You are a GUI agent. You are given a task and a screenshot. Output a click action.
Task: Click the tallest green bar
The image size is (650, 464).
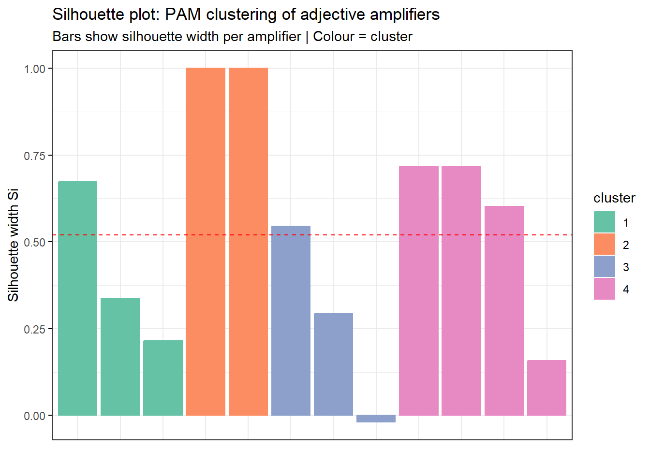(x=77, y=298)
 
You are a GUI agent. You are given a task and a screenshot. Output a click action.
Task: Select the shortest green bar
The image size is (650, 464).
(x=163, y=377)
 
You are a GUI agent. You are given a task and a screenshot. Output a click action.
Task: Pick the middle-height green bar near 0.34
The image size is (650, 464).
(x=120, y=356)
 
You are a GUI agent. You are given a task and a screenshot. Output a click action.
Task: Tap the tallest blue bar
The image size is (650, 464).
(x=291, y=320)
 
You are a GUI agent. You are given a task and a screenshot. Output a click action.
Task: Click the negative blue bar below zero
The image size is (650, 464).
(x=376, y=419)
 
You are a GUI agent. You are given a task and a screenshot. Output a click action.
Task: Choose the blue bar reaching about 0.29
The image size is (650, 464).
(x=333, y=364)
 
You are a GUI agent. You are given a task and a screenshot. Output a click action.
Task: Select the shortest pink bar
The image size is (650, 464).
(x=547, y=388)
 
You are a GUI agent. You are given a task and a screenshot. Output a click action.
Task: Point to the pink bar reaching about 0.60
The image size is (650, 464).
(x=504, y=310)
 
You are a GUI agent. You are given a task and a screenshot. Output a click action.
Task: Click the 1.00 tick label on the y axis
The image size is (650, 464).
(x=34, y=69)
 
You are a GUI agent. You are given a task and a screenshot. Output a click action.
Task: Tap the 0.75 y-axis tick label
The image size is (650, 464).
(x=34, y=156)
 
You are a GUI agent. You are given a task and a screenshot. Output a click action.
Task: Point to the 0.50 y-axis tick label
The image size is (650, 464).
(x=34, y=242)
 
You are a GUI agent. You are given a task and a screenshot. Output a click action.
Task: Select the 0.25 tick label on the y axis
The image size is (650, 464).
(x=34, y=329)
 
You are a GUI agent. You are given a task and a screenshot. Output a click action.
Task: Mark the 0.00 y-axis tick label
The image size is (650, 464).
(x=34, y=416)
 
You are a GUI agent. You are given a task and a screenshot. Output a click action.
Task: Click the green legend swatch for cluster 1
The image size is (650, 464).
(x=605, y=222)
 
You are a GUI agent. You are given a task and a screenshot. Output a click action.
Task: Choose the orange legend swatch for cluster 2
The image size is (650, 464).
(x=605, y=245)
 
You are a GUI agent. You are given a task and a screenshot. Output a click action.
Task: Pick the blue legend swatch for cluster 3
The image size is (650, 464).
(x=605, y=267)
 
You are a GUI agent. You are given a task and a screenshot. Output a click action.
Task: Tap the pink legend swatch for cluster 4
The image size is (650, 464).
(x=605, y=289)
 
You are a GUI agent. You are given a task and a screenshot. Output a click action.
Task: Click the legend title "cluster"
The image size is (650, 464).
(x=614, y=198)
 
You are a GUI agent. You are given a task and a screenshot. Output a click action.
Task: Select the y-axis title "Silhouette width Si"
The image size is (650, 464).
(x=13, y=245)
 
